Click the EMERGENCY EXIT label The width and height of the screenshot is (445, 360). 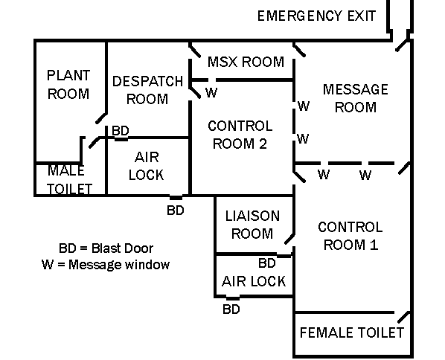tap(316, 16)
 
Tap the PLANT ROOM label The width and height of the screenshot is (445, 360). tap(68, 84)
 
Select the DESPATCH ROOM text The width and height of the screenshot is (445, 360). tap(147, 89)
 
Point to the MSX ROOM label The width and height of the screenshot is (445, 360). tap(246, 62)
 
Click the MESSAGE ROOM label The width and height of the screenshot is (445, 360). tap(355, 98)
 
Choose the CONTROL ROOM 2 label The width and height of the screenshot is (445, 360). tap(240, 135)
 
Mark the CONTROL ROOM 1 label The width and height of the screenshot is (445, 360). tap(350, 236)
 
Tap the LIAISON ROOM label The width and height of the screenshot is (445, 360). tap(252, 225)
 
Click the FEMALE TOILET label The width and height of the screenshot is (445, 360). tap(351, 332)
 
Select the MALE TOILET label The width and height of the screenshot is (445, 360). tap(70, 180)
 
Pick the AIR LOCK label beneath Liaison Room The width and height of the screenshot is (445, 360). tap(253, 282)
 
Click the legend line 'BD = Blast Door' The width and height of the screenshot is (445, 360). tap(106, 248)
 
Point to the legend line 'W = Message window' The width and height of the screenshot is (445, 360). tap(106, 264)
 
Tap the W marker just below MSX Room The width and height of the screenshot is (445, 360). tap(211, 93)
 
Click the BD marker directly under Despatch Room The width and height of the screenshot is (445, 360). tap(121, 131)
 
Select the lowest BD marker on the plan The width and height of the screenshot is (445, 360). tap(231, 309)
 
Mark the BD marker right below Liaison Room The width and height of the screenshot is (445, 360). tap(267, 263)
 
